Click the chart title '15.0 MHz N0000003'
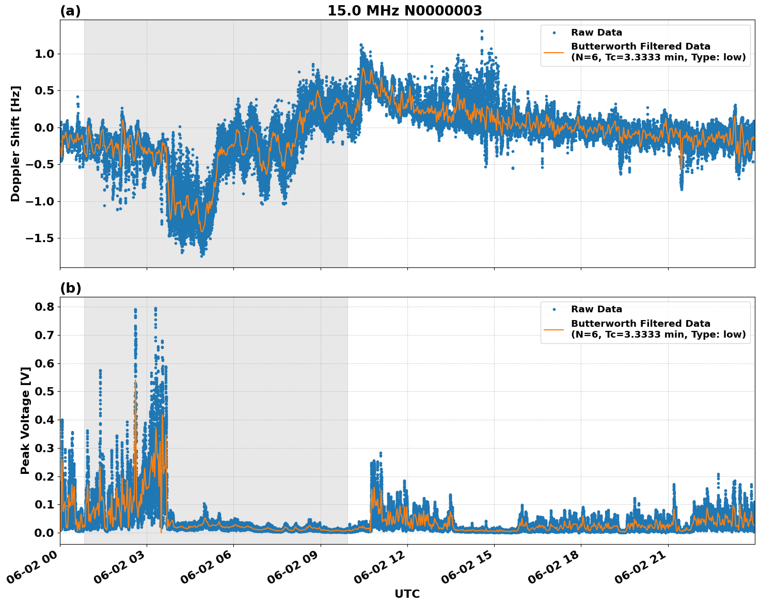tap(404, 11)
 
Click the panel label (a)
tap(70, 11)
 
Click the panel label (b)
tap(70, 288)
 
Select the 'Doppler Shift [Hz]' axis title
tap(15, 144)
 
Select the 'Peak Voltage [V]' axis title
tap(25, 420)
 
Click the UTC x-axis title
tap(407, 594)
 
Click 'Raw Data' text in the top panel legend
tap(596, 33)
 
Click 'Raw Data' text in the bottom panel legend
tap(596, 309)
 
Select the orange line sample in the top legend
tap(553, 52)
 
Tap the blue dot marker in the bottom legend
tap(553, 309)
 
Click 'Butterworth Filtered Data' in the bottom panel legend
tap(640, 324)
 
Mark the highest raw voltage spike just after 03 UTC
tap(155, 309)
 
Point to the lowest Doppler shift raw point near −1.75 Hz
tap(202, 256)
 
